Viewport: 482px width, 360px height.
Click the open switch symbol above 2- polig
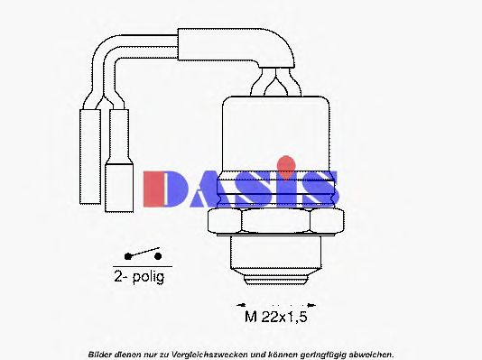(x=144, y=257)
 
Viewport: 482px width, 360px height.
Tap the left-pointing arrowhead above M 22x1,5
(x=241, y=301)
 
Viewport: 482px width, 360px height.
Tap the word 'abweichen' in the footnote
(x=370, y=353)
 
